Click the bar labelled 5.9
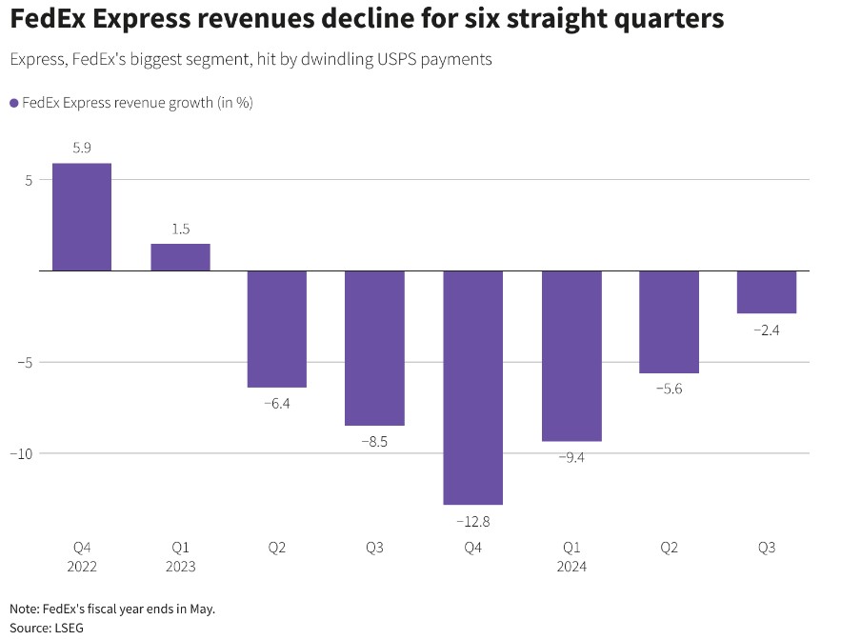[x=82, y=217]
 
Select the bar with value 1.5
[x=180, y=257]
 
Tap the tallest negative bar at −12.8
[x=473, y=388]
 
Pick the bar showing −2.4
[x=767, y=292]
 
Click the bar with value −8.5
[x=374, y=349]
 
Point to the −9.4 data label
[x=571, y=457]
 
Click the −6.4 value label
[x=277, y=403]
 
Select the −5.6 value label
[x=669, y=389]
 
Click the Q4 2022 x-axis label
[x=82, y=557]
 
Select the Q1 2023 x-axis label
[x=180, y=557]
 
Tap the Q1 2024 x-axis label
[x=571, y=557]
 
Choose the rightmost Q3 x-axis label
[x=767, y=548]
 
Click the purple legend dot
[x=14, y=103]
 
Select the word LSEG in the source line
[x=69, y=628]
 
